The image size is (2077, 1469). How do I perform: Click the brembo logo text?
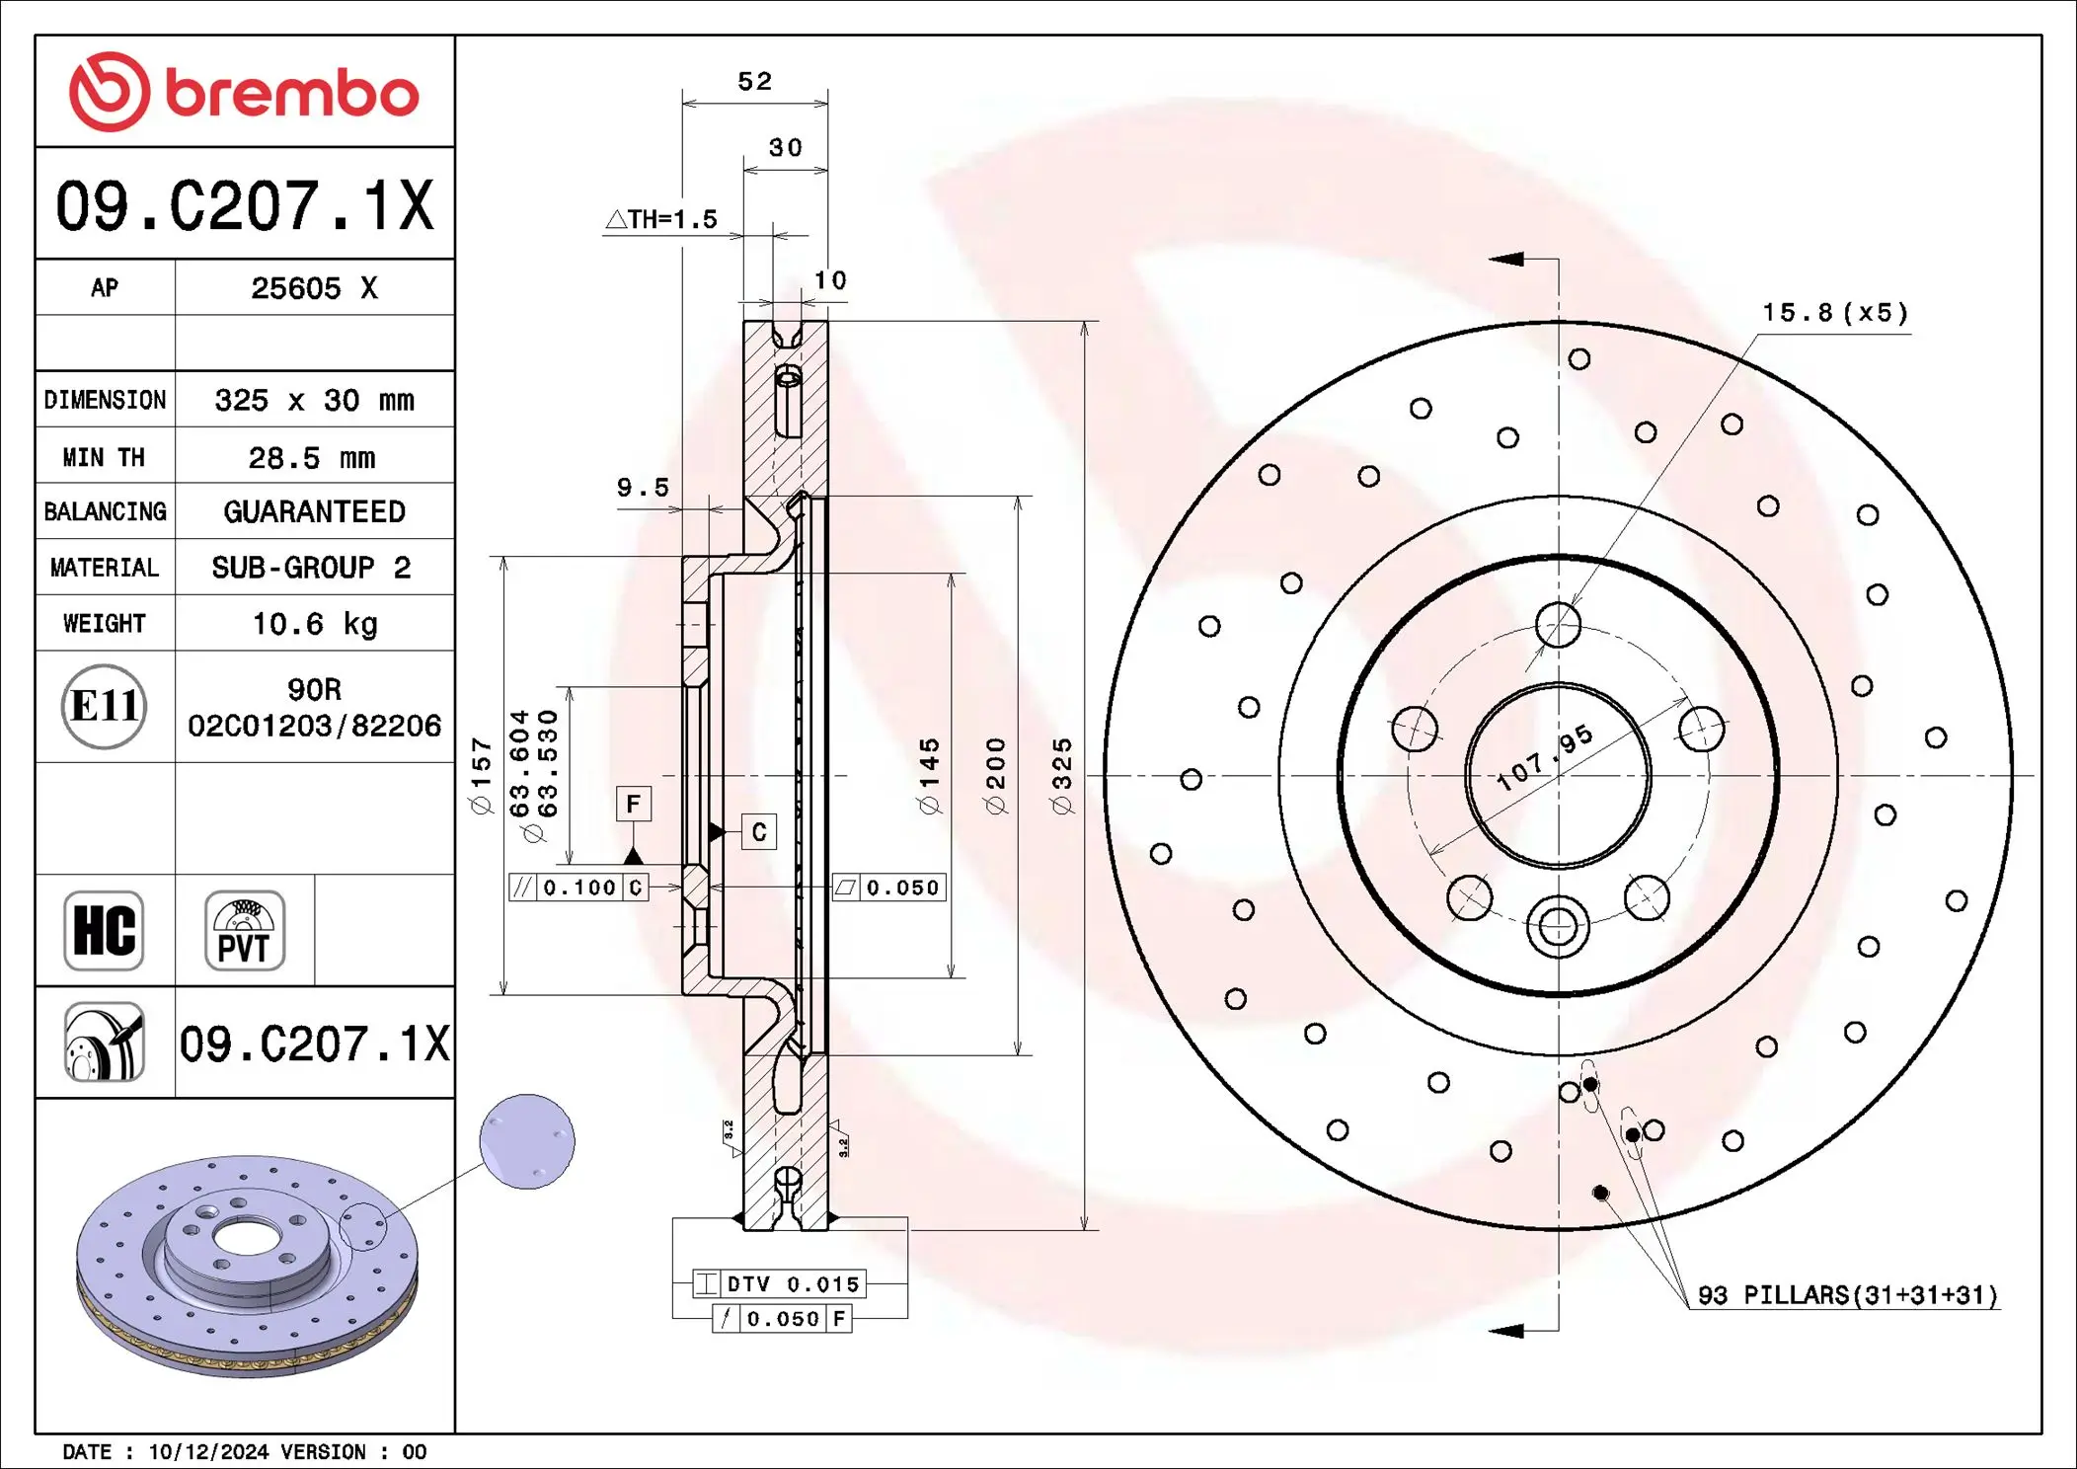pos(291,95)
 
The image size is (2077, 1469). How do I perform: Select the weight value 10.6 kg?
pos(314,624)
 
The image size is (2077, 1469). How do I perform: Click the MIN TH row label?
pos(104,457)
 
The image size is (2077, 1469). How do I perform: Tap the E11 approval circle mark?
pos(104,706)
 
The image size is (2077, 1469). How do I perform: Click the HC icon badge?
pos(104,931)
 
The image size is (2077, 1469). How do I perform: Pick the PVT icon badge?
pos(244,931)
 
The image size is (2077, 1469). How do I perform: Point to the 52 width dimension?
pos(754,81)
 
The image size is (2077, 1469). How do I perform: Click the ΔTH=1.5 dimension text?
pos(661,219)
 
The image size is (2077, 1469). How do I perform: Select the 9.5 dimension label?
pos(643,488)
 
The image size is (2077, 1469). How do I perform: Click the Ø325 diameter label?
pos(1062,776)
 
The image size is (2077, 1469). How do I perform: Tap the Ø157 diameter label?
pos(481,776)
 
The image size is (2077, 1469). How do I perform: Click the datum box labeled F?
pos(633,804)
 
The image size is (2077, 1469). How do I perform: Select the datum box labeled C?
pos(758,832)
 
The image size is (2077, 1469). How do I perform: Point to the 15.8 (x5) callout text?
pos(1835,313)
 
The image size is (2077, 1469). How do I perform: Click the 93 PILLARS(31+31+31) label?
pos(1847,1295)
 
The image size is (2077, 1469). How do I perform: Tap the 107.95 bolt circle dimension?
pos(1544,757)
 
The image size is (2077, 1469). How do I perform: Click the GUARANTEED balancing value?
pos(314,511)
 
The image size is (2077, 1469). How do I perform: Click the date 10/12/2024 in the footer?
pos(208,1451)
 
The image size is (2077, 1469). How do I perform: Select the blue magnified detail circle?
pos(527,1141)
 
